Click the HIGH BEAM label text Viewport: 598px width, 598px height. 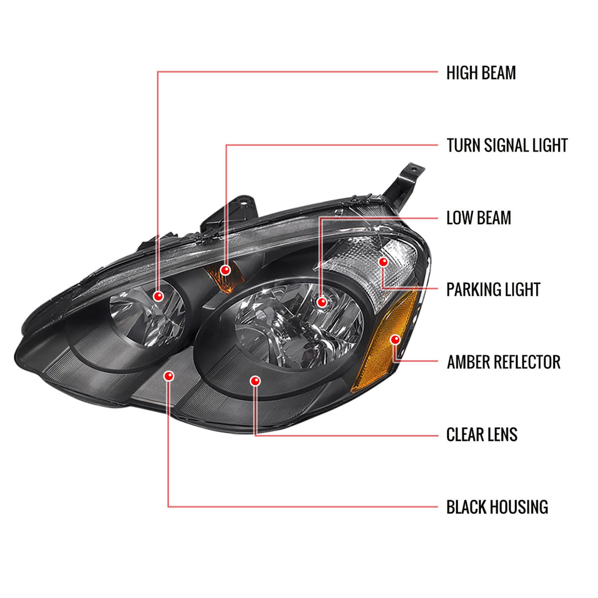(481, 73)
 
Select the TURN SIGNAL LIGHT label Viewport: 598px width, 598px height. (507, 145)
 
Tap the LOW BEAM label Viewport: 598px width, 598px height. (478, 218)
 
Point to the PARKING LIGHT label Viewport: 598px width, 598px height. (493, 290)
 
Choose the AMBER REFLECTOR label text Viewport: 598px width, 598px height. (503, 362)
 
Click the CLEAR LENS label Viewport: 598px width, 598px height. (482, 435)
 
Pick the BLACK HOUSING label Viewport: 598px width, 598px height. (497, 507)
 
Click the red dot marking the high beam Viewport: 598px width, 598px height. (159, 296)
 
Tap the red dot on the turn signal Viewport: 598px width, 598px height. (226, 270)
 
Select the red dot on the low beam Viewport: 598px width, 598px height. (322, 302)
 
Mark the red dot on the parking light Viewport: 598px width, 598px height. (383, 262)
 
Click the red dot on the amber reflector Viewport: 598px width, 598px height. (395, 340)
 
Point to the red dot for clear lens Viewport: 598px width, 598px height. (255, 381)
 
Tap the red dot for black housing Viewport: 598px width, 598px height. (169, 376)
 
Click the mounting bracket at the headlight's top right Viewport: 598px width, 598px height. (405, 179)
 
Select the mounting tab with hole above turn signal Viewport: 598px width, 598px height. (242, 203)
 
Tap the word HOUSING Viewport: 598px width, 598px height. (518, 507)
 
